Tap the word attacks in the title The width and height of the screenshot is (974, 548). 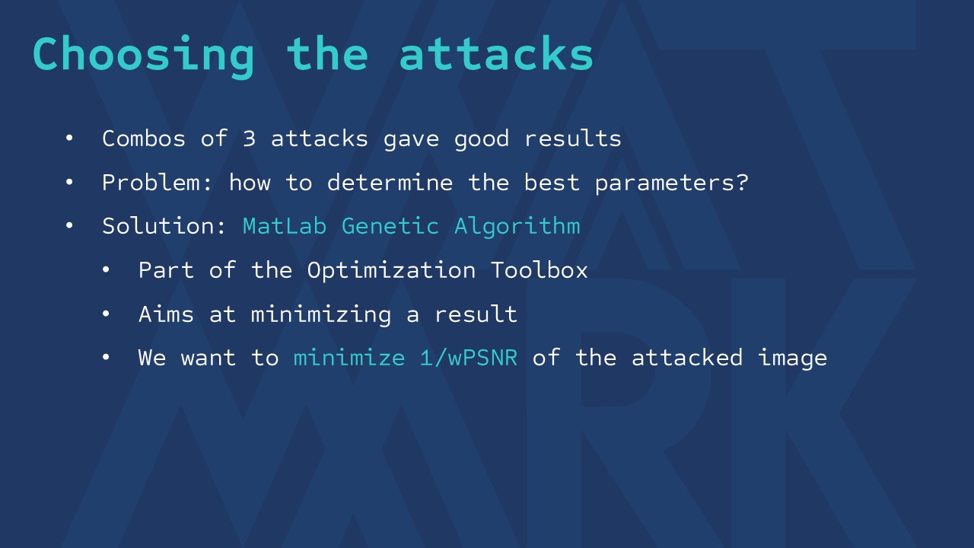click(496, 53)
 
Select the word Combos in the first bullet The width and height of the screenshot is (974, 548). click(144, 139)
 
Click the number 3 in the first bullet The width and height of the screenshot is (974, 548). click(249, 139)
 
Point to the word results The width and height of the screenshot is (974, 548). click(573, 139)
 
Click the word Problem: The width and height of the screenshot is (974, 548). click(157, 183)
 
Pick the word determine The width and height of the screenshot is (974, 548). click(390, 183)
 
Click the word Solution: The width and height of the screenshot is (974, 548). click(164, 226)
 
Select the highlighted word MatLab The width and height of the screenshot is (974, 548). click(285, 226)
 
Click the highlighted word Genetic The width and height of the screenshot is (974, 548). click(390, 226)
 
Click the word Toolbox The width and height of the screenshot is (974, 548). click(540, 270)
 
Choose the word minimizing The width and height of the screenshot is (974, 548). click(321, 315)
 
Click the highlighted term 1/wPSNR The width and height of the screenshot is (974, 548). click(469, 358)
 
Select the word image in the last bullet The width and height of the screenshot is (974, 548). click(792, 358)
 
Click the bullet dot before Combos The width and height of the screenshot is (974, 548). click(69, 139)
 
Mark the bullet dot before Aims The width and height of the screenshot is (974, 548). click(106, 314)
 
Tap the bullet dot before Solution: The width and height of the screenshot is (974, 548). click(69, 226)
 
